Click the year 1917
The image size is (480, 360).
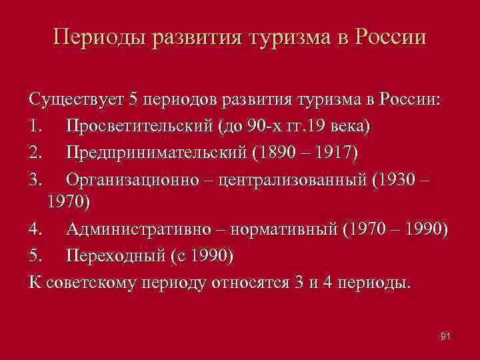333,153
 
